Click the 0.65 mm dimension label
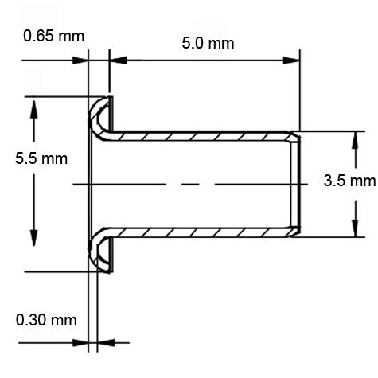(x=53, y=37)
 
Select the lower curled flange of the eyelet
(x=100, y=253)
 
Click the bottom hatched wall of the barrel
(x=203, y=232)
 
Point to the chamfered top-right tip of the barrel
(x=297, y=136)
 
